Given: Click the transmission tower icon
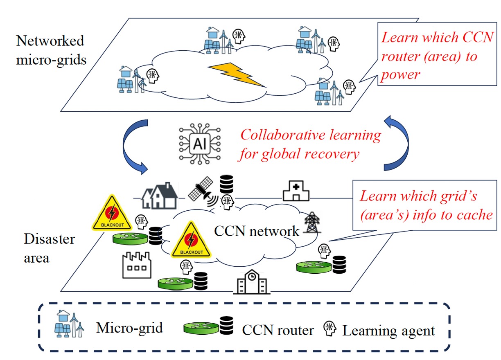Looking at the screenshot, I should pyautogui.click(x=311, y=223).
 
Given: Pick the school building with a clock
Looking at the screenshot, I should pyautogui.click(x=252, y=282).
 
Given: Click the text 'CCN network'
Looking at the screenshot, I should pyautogui.click(x=257, y=231).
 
